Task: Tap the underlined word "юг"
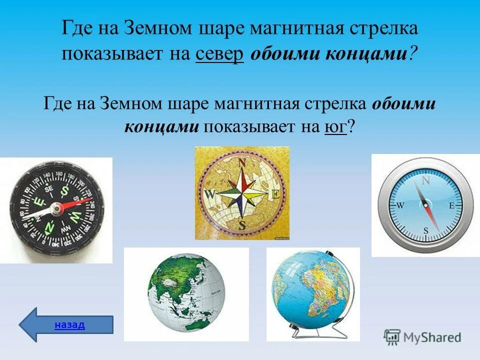click(x=335, y=126)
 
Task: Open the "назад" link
click(x=69, y=324)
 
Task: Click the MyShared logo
click(x=422, y=337)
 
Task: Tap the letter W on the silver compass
click(x=399, y=205)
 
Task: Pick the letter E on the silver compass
click(x=451, y=205)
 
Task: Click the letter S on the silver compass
click(x=425, y=231)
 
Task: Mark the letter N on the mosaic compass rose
click(x=242, y=162)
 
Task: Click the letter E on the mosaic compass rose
click(x=274, y=194)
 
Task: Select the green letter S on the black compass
click(x=64, y=190)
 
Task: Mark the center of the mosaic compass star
click(x=242, y=193)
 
